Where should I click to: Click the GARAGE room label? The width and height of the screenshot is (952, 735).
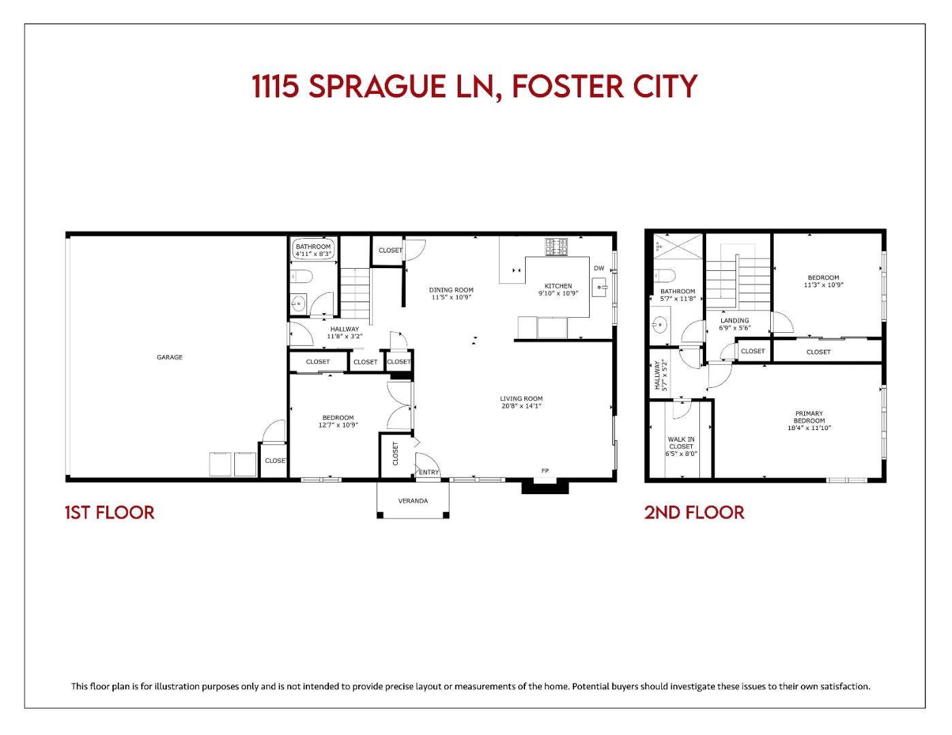point(170,357)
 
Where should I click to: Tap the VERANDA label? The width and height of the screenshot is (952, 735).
point(413,501)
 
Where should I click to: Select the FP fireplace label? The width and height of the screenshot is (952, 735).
point(545,471)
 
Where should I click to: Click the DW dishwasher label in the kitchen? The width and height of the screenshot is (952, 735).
point(599,268)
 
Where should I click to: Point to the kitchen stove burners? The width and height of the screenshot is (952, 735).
point(556,246)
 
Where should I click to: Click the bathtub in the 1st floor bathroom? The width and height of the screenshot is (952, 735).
point(313,250)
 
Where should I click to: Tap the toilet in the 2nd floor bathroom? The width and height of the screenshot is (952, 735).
point(663,276)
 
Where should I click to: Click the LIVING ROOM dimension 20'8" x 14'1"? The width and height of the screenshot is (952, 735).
point(521,406)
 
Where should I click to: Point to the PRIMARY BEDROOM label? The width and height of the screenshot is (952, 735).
point(809,417)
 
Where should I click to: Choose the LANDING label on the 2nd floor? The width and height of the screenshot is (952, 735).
point(734,321)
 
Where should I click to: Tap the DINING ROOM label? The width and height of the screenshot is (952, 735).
point(451,290)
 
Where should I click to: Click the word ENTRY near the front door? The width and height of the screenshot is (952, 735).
point(429,472)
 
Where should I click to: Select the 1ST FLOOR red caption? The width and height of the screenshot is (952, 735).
point(110,512)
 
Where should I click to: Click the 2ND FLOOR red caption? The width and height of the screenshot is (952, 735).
point(694,512)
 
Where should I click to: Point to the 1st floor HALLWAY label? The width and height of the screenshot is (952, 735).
point(345,329)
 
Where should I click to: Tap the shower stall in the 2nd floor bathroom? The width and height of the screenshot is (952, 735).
point(677,246)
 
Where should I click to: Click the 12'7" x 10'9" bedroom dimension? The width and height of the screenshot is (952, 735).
point(338,425)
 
